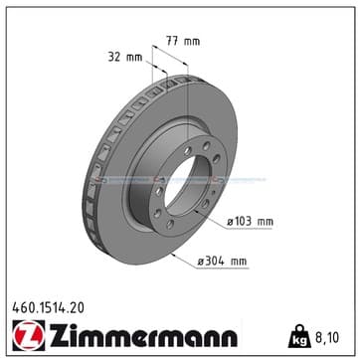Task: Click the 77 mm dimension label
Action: (x=183, y=42)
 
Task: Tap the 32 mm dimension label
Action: (x=125, y=57)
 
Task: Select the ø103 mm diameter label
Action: (x=250, y=222)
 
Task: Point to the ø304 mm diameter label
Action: (x=222, y=262)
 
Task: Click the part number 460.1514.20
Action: (x=49, y=308)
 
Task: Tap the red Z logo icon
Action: (x=29, y=335)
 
